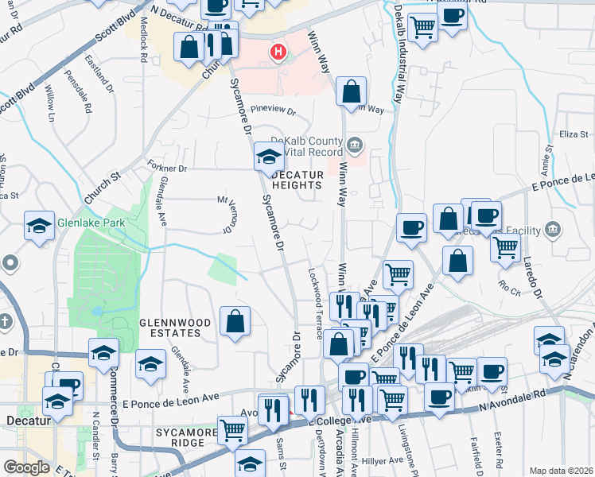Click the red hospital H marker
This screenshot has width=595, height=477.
click(278, 52)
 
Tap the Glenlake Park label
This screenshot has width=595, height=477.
click(90, 223)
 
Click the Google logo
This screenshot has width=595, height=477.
click(26, 467)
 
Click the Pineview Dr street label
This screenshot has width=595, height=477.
click(272, 111)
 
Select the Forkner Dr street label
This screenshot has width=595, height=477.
click(166, 168)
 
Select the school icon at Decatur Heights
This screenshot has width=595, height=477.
click(268, 156)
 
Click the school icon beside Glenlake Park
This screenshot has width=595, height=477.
click(39, 225)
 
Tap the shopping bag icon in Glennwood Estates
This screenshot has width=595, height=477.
click(235, 322)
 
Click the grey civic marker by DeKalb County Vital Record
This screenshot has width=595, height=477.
click(355, 145)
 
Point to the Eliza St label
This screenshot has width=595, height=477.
click(572, 134)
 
